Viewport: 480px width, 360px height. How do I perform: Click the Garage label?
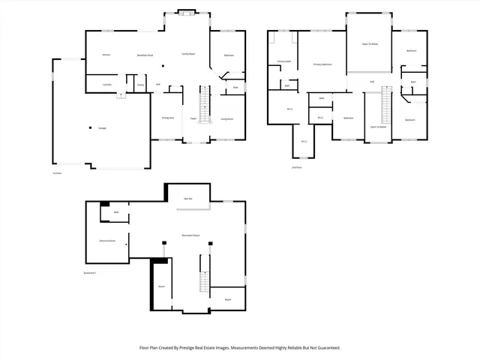tap(101, 128)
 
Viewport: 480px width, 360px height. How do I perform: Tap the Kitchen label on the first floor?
tap(106, 55)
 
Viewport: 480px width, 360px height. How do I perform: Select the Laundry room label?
tap(106, 85)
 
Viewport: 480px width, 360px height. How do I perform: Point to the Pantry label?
tap(140, 85)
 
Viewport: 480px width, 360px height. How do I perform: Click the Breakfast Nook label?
tap(145, 55)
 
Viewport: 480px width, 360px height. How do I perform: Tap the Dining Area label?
tap(168, 118)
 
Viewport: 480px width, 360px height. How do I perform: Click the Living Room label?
tap(226, 118)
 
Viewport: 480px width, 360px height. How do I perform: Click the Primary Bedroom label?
tap(322, 65)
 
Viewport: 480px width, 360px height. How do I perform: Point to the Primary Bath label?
tap(283, 61)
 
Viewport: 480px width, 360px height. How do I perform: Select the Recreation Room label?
tap(190, 235)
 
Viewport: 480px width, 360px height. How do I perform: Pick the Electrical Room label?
tap(107, 241)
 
